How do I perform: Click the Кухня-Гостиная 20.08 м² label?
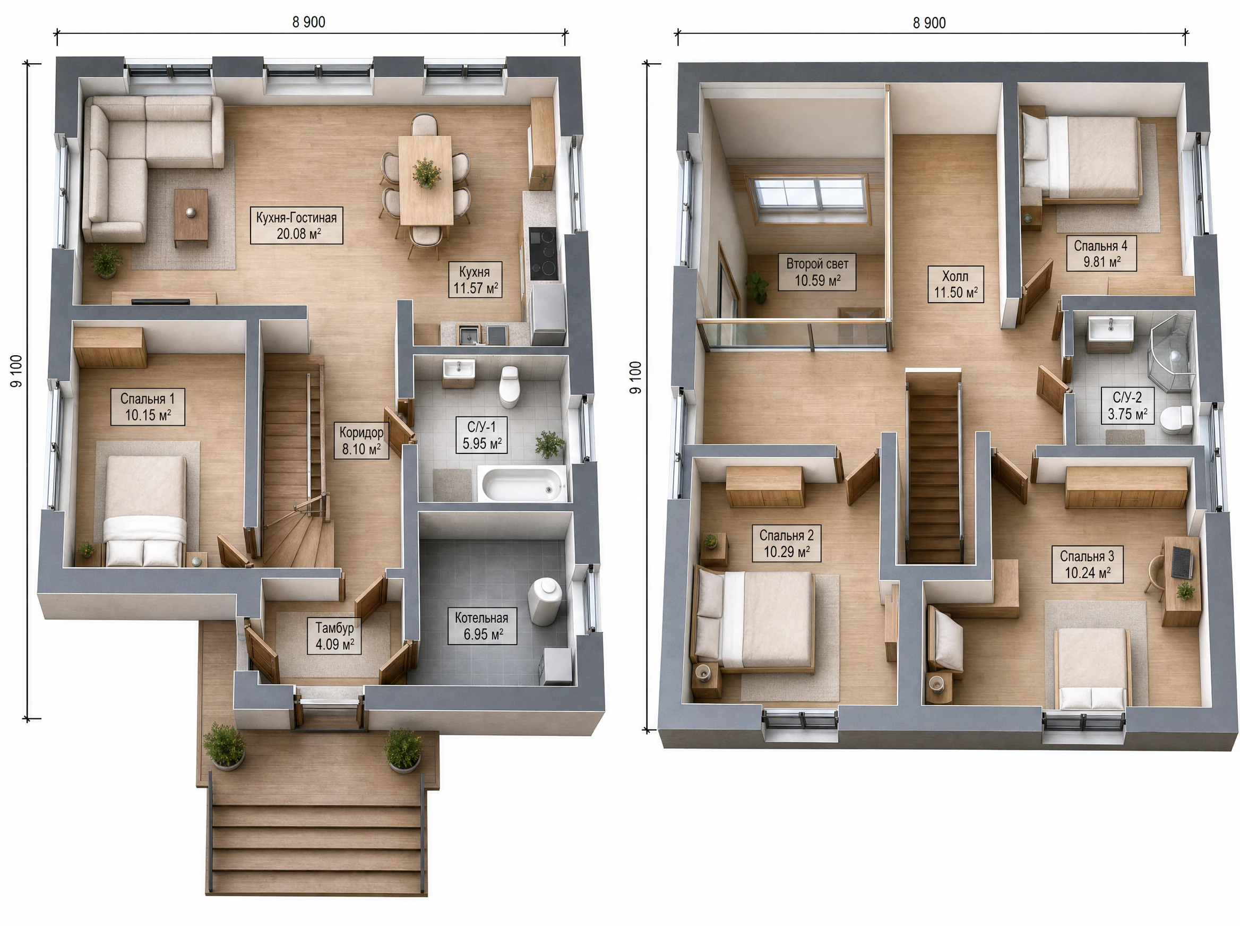[x=296, y=225]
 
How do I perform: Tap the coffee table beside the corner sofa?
[x=191, y=216]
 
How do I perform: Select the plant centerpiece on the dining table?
[x=426, y=173]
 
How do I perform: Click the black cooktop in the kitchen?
[x=543, y=253]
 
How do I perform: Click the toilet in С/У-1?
[x=509, y=387]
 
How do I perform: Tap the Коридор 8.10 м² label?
[x=361, y=441]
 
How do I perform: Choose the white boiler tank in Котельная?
[x=545, y=602]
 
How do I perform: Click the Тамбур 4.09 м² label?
[x=334, y=636]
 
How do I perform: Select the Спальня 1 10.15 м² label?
[x=148, y=407]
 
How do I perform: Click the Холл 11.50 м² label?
[x=955, y=284]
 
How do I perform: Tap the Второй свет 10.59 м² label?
[x=817, y=272]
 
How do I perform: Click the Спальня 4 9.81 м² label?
[x=1101, y=254]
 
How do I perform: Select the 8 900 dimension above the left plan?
[x=309, y=22]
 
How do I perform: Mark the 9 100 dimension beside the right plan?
[x=635, y=377]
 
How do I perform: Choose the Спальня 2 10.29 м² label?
[x=786, y=544]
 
